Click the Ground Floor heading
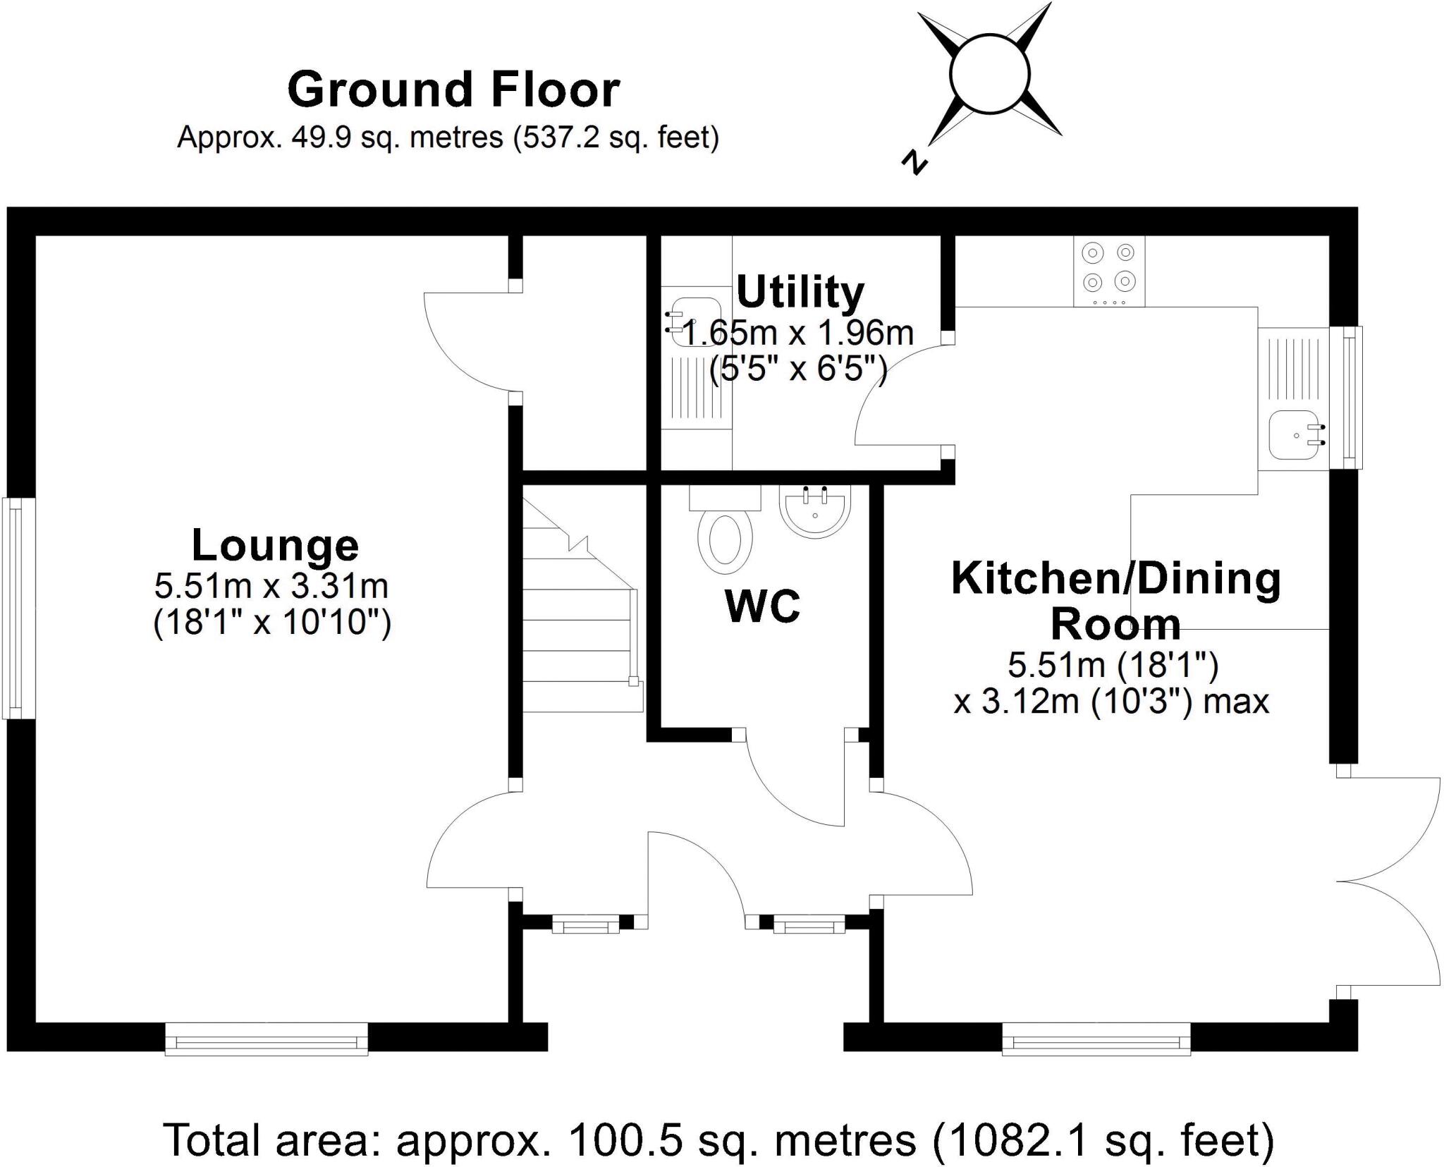pos(453,90)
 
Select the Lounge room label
pos(275,545)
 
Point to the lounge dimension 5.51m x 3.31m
pos(271,585)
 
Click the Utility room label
pos(800,292)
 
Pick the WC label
pos(762,606)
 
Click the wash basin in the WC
pos(815,511)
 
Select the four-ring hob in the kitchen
pos(1108,271)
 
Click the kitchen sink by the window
pos(1295,435)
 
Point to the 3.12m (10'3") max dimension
pos(1111,701)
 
